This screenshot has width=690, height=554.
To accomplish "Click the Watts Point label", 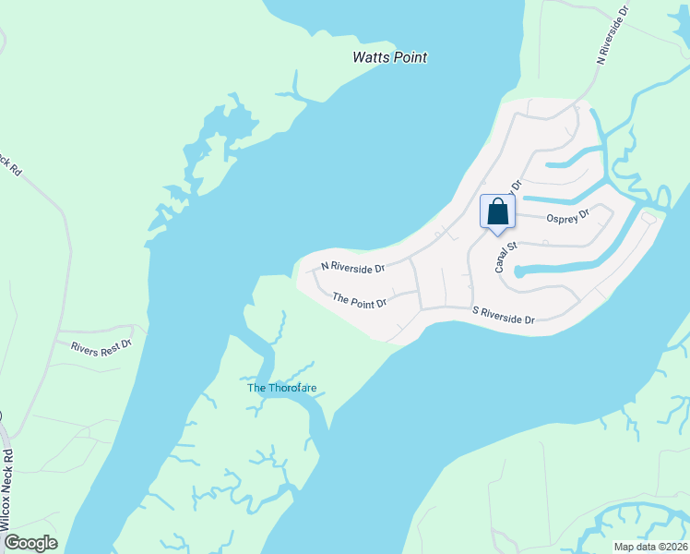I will [390, 57].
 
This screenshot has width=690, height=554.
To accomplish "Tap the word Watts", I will [371, 57].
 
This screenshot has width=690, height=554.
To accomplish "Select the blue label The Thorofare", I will [281, 388].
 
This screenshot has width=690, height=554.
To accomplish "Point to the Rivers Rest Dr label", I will [102, 345].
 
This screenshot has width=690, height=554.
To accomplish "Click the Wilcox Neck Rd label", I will [8, 490].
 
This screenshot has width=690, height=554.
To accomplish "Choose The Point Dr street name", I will [359, 300].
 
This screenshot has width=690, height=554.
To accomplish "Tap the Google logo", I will [30, 543].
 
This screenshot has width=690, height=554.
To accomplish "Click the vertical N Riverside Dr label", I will [613, 33].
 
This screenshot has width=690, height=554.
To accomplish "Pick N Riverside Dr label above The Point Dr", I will [351, 266].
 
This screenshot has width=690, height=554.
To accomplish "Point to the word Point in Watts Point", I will [410, 57].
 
